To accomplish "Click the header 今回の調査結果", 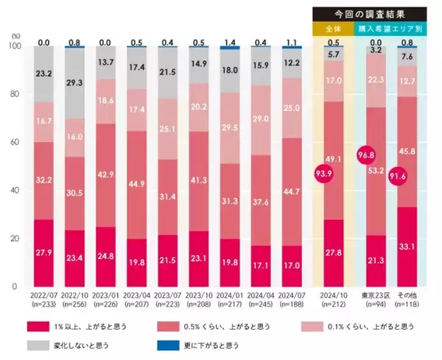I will click(x=369, y=13).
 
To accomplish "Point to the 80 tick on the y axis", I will click(x=15, y=94).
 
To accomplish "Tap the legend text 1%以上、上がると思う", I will click(x=101, y=325).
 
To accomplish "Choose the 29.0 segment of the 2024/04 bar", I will click(x=261, y=118).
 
